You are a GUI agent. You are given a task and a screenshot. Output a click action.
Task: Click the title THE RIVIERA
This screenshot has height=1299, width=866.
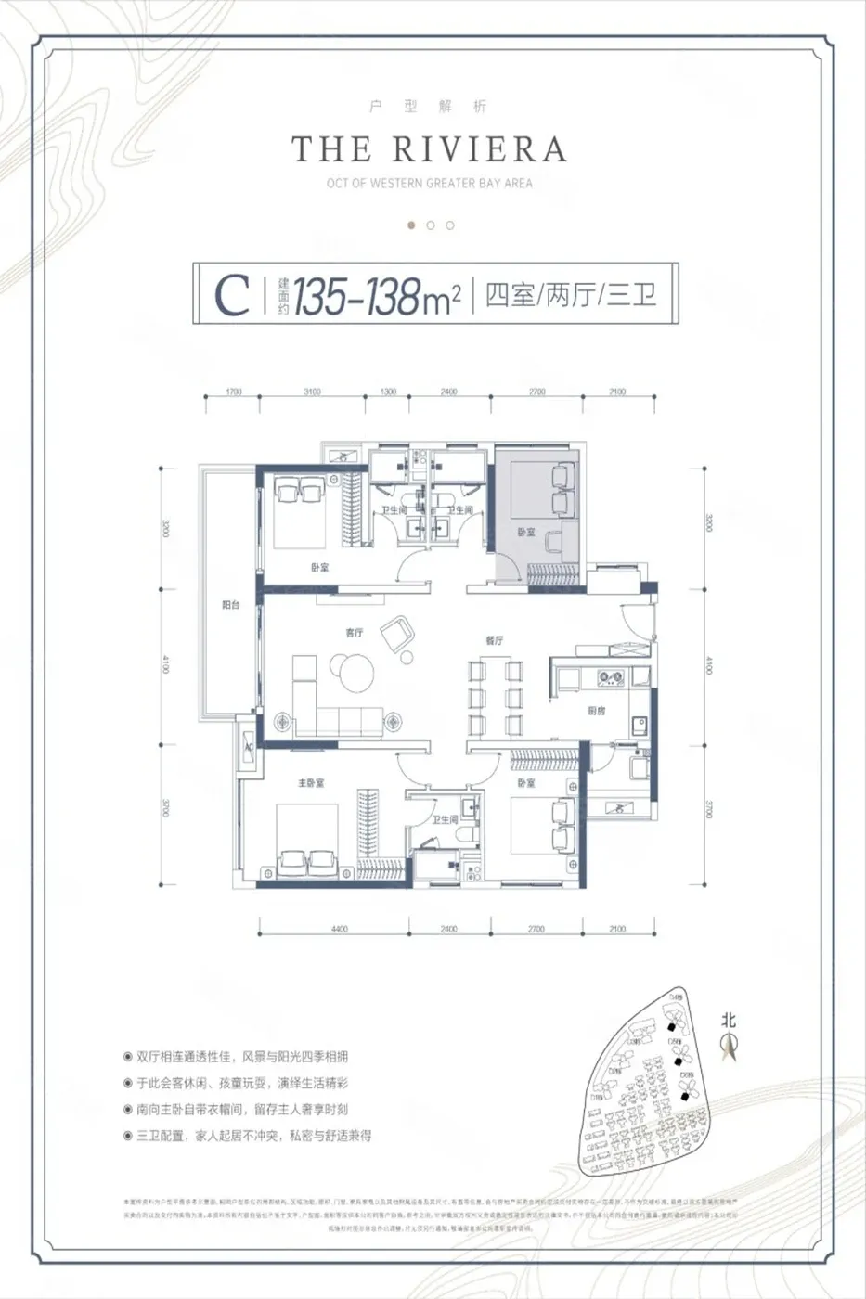coord(429,149)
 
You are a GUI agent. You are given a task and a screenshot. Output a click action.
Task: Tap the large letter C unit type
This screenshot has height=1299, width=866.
coord(232,295)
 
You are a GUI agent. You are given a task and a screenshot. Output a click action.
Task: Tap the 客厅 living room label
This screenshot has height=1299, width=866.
coord(354,633)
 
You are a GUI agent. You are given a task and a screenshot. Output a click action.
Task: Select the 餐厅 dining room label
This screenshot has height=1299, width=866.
coord(494,640)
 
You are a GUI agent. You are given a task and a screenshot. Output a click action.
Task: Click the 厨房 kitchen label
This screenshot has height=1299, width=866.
coord(597,711)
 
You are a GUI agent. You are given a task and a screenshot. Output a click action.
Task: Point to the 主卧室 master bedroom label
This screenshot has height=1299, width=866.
coord(311,783)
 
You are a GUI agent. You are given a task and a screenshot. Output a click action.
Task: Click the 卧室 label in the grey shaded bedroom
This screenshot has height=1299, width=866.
coord(526,532)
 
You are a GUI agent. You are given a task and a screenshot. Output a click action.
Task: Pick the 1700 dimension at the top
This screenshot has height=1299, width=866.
coord(234,392)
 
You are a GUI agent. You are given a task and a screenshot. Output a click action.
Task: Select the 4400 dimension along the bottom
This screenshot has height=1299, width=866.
coord(339,929)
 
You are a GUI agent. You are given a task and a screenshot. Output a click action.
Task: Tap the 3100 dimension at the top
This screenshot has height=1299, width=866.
coord(312,392)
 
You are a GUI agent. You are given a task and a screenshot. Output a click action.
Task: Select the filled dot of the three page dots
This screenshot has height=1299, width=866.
coord(411,225)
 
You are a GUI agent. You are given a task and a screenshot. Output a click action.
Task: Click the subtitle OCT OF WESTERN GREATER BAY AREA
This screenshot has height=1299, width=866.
coord(429,183)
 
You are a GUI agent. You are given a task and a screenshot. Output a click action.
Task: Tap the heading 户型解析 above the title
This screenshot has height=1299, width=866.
coord(429,107)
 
